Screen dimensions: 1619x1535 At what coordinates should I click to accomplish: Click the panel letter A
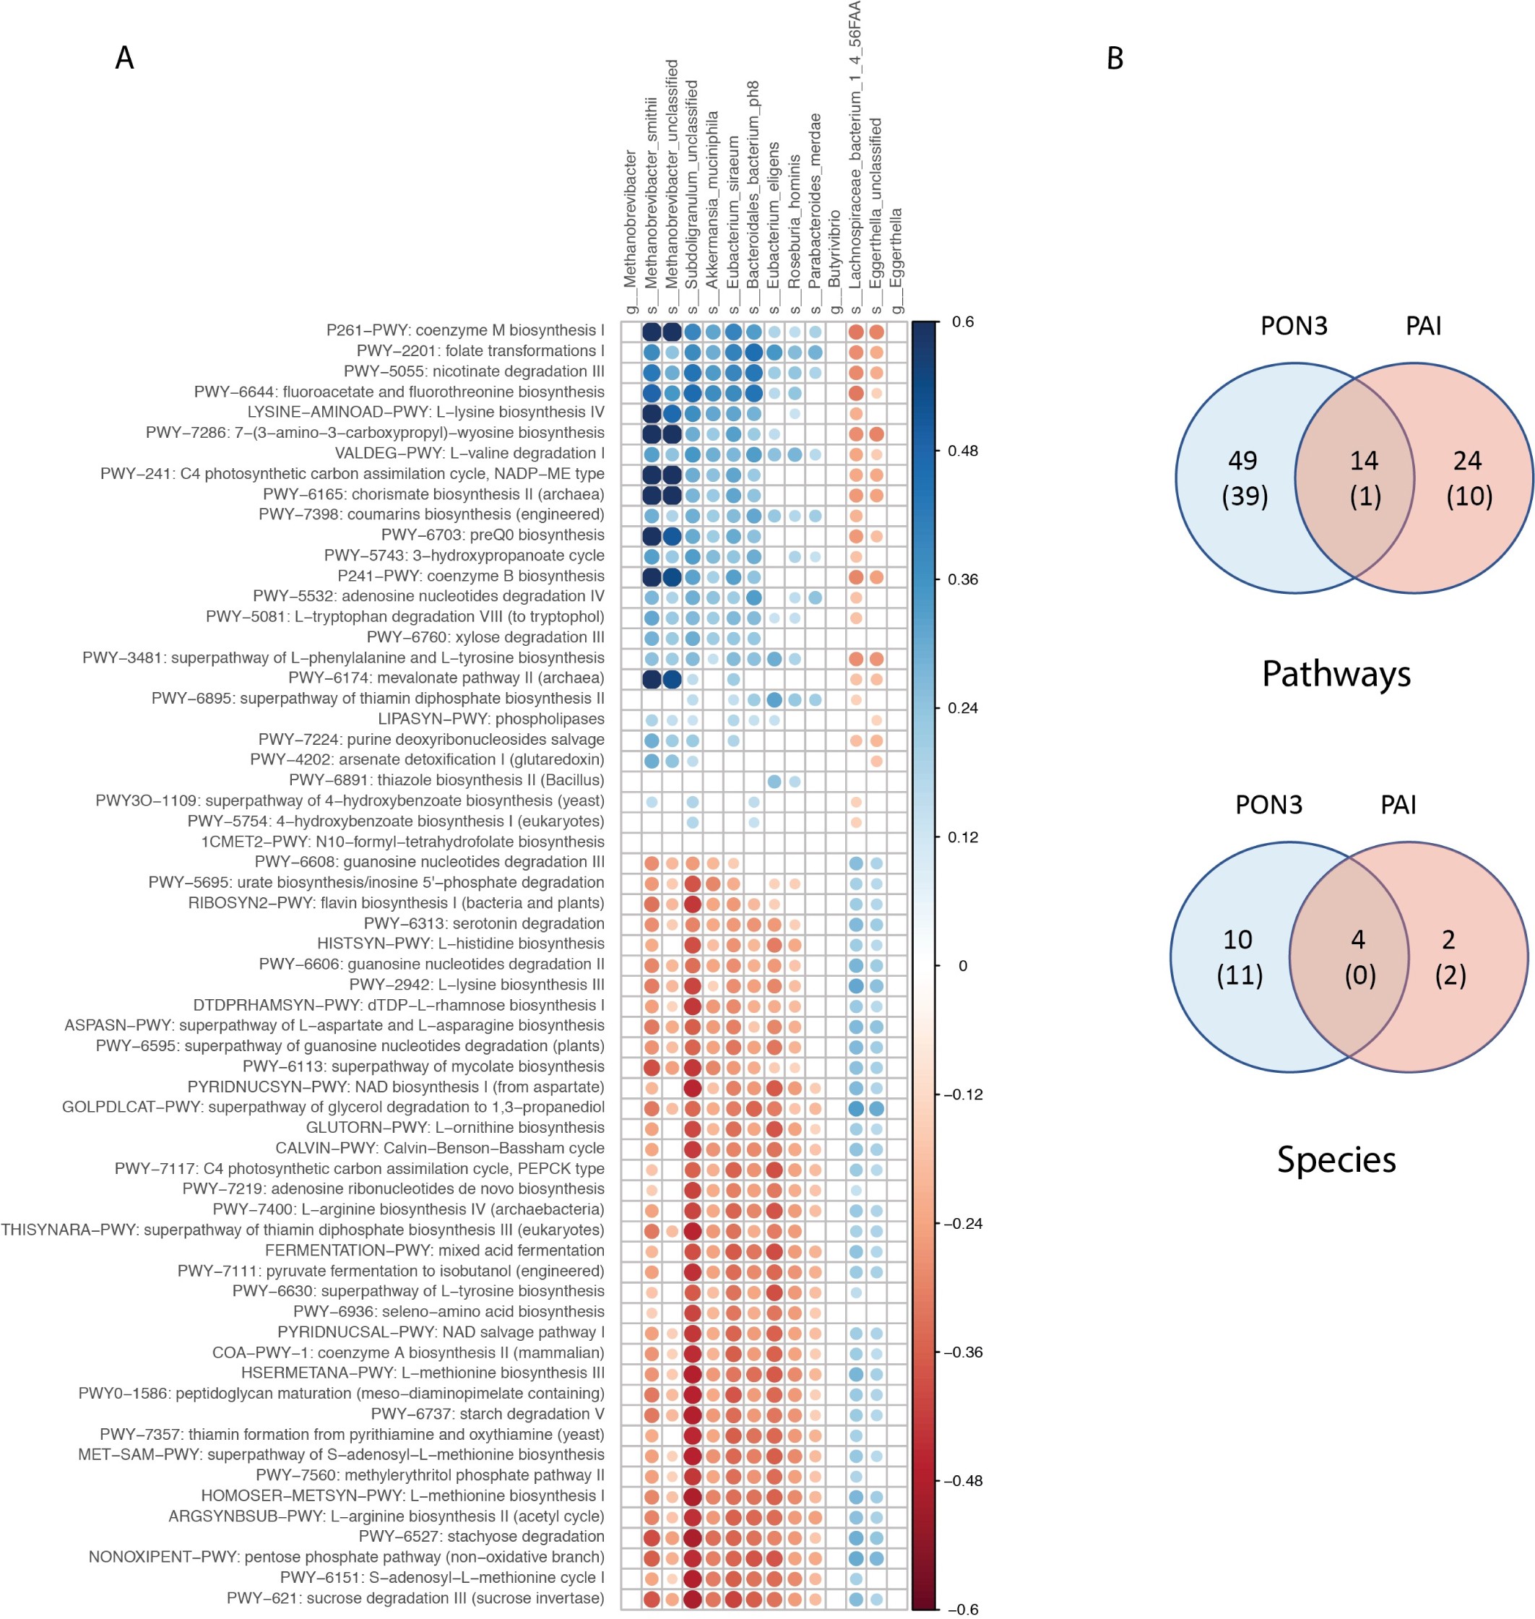tap(124, 58)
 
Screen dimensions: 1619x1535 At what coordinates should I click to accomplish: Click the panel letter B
tap(1115, 58)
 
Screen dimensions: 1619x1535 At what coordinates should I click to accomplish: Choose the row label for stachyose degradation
tap(481, 1537)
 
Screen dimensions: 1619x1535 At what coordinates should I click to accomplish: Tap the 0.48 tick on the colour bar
tap(962, 451)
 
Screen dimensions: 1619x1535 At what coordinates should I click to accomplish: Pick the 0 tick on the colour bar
tap(962, 966)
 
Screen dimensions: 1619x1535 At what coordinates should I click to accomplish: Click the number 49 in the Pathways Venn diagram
tap(1242, 461)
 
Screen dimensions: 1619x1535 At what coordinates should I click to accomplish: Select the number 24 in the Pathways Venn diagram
tap(1467, 461)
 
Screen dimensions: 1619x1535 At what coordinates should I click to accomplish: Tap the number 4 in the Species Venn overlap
tap(1357, 940)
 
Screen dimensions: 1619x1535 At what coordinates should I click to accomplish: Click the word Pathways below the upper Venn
tap(1336, 673)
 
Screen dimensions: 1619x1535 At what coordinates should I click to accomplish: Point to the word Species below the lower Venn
tap(1336, 1160)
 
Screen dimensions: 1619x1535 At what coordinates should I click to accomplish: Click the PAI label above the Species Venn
tap(1398, 805)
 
